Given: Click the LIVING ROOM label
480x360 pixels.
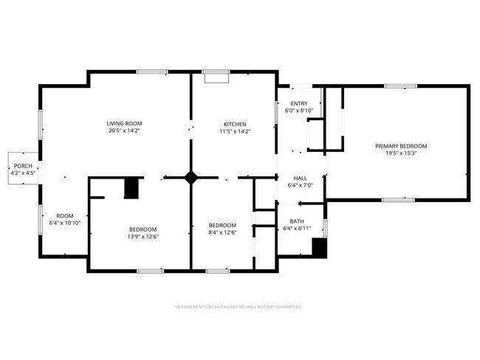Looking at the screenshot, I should tap(124, 123).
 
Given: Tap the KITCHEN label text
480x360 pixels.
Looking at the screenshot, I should tap(236, 124).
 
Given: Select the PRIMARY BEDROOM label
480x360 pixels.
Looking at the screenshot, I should tap(401, 146).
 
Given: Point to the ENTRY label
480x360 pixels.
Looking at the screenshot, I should tap(299, 103).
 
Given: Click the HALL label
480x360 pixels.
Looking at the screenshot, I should tap(301, 178).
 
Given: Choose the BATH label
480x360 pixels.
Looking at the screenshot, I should tap(297, 221).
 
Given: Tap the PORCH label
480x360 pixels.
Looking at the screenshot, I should tap(21, 165).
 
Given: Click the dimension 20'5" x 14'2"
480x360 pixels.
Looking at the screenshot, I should tap(124, 131).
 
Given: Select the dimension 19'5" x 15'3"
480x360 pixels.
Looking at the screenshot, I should tap(401, 154).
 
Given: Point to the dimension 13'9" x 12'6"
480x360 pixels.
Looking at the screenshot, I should tap(143, 237).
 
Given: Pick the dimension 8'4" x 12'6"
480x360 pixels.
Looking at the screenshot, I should tap(222, 233).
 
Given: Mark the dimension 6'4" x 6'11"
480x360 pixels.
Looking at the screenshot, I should tap(297, 229).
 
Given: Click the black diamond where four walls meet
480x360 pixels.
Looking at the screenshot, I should tap(191, 177).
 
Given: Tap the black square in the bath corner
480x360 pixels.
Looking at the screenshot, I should tap(319, 248).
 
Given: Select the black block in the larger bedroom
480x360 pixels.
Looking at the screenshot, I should tap(131, 188).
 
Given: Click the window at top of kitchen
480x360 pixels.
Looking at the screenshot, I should tap(216, 72).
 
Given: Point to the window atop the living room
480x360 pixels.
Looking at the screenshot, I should tap(151, 72).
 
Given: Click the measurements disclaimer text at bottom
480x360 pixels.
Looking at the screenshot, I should tap(239, 306).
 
